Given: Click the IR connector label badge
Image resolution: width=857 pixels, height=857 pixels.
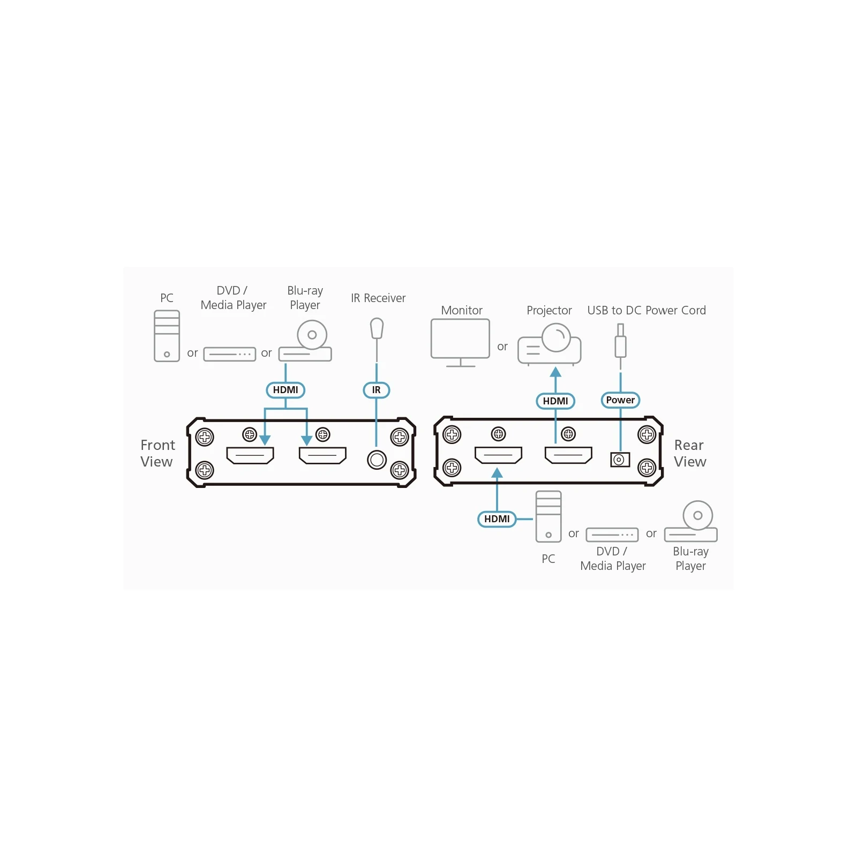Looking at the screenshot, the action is point(376,390).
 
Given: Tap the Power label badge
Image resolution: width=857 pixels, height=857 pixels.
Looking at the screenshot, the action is point(620,400).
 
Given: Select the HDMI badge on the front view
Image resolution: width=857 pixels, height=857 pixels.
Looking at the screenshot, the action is point(285,390).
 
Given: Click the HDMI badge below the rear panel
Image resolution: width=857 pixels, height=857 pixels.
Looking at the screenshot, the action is point(497,519).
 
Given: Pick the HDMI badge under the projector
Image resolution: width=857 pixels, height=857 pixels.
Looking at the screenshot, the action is point(555,401).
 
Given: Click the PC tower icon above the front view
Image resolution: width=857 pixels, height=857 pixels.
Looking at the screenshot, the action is point(167,336).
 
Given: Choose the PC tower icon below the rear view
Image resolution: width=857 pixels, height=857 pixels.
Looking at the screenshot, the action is point(548,516).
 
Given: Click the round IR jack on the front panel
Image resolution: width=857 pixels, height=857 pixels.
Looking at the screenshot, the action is point(377,460).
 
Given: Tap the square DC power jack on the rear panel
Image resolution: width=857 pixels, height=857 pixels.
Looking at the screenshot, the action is point(620,460).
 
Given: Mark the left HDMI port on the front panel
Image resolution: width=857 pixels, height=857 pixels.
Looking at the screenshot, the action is point(250,455).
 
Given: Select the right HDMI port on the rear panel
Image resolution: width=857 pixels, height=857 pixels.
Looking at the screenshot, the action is point(568,455).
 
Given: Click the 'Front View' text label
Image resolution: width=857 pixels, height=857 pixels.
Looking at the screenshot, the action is point(157,453).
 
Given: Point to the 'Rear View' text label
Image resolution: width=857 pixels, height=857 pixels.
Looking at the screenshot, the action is point(690,453).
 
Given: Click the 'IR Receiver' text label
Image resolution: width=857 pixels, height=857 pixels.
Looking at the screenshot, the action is point(378,298).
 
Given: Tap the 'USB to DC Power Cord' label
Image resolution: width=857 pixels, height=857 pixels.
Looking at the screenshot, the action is point(646,310).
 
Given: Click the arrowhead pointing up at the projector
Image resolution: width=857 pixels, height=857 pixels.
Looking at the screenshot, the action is point(555,372).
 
